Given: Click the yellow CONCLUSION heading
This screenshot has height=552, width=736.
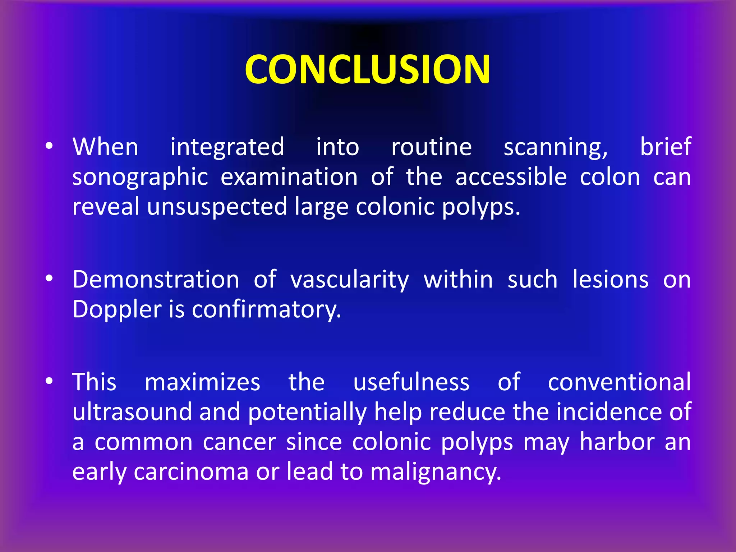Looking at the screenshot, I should pyautogui.click(x=367, y=69).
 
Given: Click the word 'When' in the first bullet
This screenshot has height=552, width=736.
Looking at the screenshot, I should pyautogui.click(x=105, y=147).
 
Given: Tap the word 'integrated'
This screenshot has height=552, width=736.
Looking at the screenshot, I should pyautogui.click(x=227, y=147).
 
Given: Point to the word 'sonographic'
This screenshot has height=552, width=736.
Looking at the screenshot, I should pyautogui.click(x=140, y=178).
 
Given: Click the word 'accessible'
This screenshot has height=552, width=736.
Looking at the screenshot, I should pyautogui.click(x=511, y=177).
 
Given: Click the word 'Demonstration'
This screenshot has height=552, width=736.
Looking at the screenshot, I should pyautogui.click(x=156, y=280).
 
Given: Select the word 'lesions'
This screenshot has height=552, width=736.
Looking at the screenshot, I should pyautogui.click(x=611, y=280).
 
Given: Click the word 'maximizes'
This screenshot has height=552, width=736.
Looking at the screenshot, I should pyautogui.click(x=202, y=382).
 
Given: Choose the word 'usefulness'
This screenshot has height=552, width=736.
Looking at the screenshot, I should pyautogui.click(x=411, y=382).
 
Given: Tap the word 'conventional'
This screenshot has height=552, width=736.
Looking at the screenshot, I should pyautogui.click(x=619, y=382).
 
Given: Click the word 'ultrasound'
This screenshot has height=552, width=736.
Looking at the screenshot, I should pyautogui.click(x=132, y=412).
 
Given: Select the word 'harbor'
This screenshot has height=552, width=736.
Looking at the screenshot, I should pyautogui.click(x=617, y=442).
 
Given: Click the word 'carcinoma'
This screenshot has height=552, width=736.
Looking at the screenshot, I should pyautogui.click(x=191, y=471).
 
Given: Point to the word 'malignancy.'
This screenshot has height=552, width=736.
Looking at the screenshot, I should pyautogui.click(x=436, y=472).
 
